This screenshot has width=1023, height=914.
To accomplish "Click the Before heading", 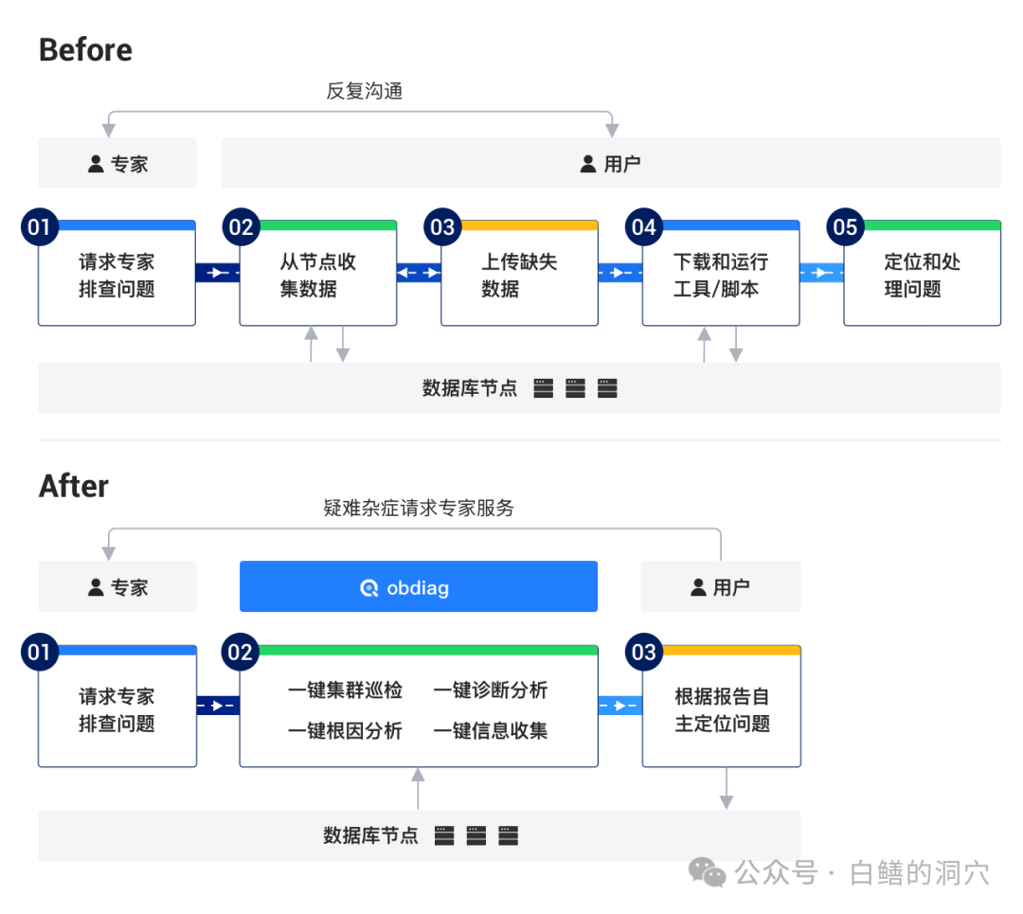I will coord(85,50).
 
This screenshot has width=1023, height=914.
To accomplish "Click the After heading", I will coord(74,486).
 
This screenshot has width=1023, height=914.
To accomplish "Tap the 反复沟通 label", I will coord(365,91).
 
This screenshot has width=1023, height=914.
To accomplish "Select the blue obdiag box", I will coord(418,587).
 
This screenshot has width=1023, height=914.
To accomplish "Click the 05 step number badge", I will coord(845,227).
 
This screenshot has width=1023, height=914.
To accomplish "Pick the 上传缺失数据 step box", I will coord(519,276).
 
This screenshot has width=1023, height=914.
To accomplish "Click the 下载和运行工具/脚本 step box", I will coord(721,276).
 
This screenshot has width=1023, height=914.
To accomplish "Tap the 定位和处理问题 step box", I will coord(922,276).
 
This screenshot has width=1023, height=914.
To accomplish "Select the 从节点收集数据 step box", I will coord(317,276).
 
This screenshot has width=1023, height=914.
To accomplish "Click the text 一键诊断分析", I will coord(491,690).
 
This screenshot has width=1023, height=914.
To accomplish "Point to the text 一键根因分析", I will coord(345,730).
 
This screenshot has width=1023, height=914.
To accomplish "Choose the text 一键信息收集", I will coord(491,730).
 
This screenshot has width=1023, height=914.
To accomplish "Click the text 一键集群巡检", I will coord(345,690).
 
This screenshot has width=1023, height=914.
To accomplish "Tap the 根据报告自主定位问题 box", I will coord(722,710).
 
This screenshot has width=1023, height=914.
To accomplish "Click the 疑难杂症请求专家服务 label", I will coord(419,508).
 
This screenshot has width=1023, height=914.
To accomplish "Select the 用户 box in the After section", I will coord(721,587).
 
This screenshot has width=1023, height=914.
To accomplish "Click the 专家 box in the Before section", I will coord(117,164).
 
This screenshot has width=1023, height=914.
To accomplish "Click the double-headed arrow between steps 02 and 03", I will coord(419,273).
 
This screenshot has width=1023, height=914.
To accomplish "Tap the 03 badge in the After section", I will coord(643,652).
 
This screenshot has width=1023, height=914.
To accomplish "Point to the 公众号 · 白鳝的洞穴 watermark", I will coord(839,872).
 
